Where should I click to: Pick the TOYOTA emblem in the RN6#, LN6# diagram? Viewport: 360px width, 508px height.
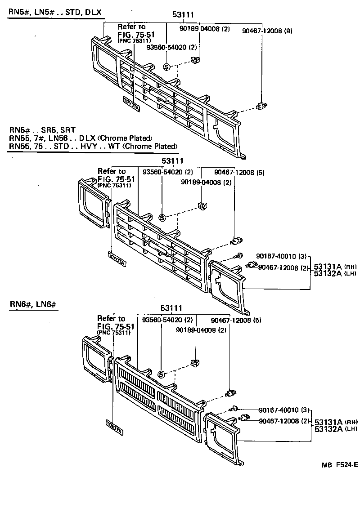coord(114,427)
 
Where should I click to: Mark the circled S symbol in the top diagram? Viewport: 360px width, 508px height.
coord(166,67)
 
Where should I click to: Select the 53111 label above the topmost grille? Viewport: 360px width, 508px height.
coord(183,15)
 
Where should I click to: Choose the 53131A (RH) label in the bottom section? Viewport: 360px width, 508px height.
coord(335,422)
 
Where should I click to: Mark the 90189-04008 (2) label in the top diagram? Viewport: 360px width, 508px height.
coord(204,29)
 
